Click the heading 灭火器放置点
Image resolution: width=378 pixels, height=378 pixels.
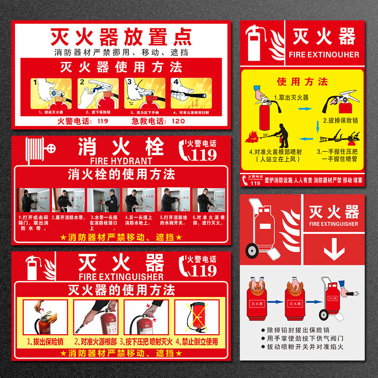121,37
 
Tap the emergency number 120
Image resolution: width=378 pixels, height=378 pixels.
178,121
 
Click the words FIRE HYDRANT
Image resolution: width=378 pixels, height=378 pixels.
121,161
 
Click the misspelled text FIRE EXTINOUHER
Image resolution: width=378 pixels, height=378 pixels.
324,55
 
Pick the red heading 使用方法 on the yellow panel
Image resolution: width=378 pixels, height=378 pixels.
302,82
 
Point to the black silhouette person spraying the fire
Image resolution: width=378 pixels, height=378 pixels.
283,136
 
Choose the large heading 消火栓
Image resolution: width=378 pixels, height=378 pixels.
121,147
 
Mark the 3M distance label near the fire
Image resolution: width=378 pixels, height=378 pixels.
266,134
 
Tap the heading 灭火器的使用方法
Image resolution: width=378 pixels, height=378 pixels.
121,289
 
